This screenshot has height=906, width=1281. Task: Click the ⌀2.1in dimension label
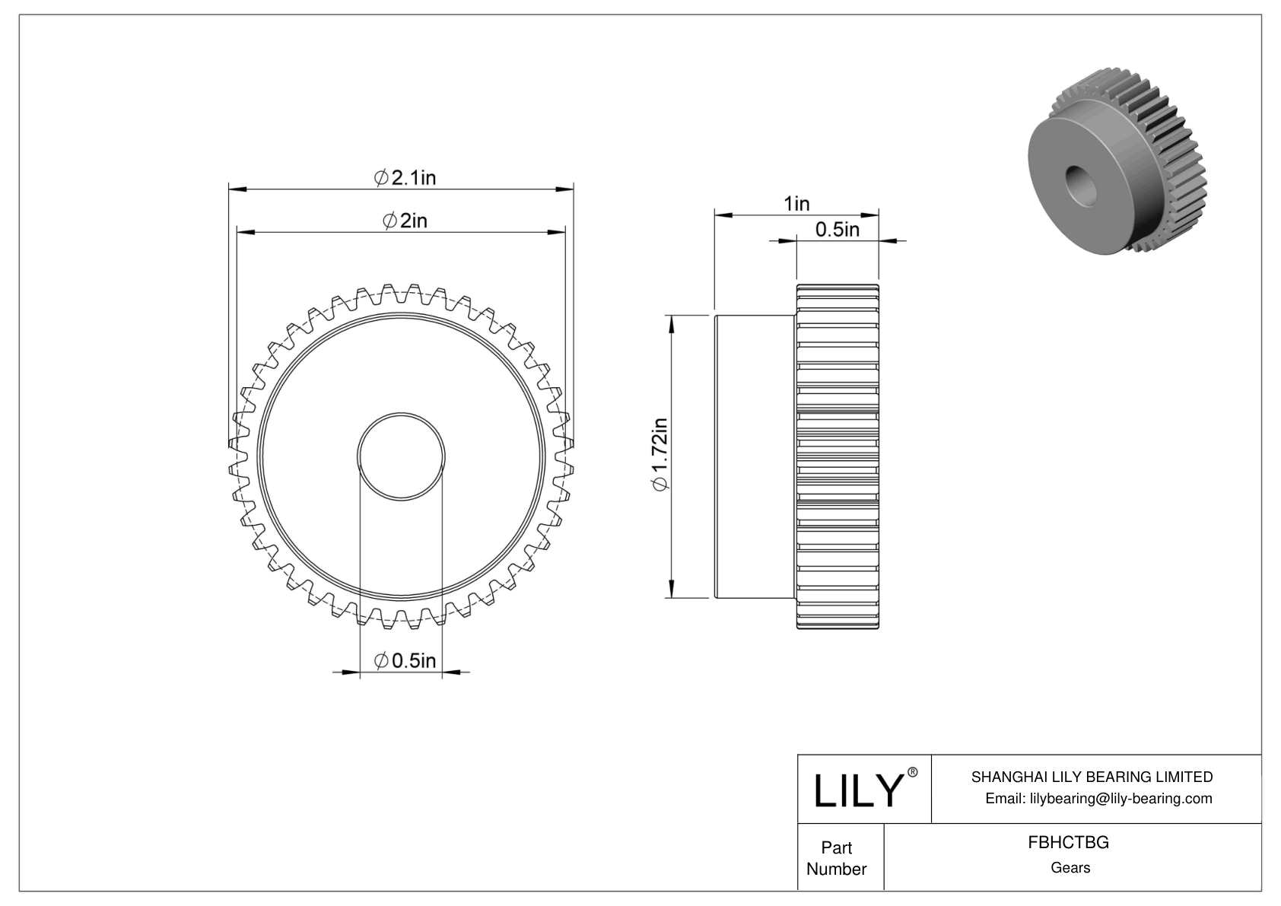tap(405, 177)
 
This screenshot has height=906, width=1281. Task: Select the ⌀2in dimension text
tap(405, 221)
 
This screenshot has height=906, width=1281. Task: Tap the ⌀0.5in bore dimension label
tap(406, 660)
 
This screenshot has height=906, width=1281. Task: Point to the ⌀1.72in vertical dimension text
tap(660, 455)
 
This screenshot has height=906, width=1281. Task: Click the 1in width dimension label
tap(796, 204)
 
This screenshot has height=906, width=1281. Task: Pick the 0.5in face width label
tap(837, 230)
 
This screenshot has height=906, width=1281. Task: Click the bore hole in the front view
tap(401, 456)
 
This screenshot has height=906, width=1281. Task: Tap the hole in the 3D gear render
tap(1078, 180)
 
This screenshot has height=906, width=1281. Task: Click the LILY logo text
tap(857, 791)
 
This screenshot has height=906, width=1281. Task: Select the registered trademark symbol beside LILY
tap(914, 772)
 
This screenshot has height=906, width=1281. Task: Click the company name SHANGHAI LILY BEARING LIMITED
tap(1092, 777)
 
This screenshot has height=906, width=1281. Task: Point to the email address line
tap(1098, 798)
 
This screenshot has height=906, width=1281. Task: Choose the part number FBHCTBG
tap(1068, 843)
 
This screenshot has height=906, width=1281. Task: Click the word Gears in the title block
tap(1070, 868)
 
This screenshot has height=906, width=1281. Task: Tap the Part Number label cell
tap(836, 858)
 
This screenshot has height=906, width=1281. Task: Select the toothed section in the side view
tap(838, 456)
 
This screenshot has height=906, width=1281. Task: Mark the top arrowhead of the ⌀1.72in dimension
tap(671, 323)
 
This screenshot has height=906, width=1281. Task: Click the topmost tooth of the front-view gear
tap(401, 290)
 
